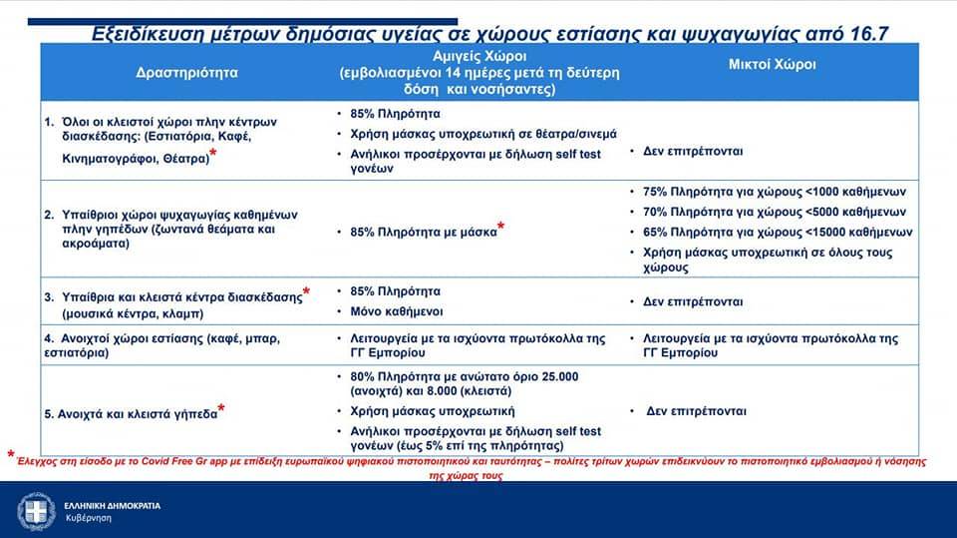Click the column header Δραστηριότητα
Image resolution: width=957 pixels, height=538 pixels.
click(x=186, y=73)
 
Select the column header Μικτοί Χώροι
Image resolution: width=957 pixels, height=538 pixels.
click(x=772, y=65)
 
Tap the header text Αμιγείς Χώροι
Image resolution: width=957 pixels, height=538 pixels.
click(x=479, y=56)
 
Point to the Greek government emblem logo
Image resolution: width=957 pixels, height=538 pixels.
click(x=36, y=511)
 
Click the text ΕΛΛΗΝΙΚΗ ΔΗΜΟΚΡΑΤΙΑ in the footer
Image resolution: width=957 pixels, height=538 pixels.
click(x=113, y=506)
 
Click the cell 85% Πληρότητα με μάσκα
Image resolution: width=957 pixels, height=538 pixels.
click(x=424, y=233)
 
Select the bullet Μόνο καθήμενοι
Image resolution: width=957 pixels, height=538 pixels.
click(x=396, y=311)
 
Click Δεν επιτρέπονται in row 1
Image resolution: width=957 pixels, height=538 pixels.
click(x=693, y=151)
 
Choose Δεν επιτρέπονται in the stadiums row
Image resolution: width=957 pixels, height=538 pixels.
click(x=696, y=411)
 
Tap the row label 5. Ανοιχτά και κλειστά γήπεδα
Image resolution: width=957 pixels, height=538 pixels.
click(x=131, y=414)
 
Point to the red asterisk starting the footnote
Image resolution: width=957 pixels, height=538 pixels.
click(x=11, y=453)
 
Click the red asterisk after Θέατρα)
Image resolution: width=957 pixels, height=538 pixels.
click(x=213, y=153)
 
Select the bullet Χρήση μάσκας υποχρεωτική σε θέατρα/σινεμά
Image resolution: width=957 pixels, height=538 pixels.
click(x=483, y=134)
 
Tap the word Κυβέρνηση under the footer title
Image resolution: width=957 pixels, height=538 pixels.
click(x=89, y=518)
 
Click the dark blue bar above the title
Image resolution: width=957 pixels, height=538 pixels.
click(x=242, y=21)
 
